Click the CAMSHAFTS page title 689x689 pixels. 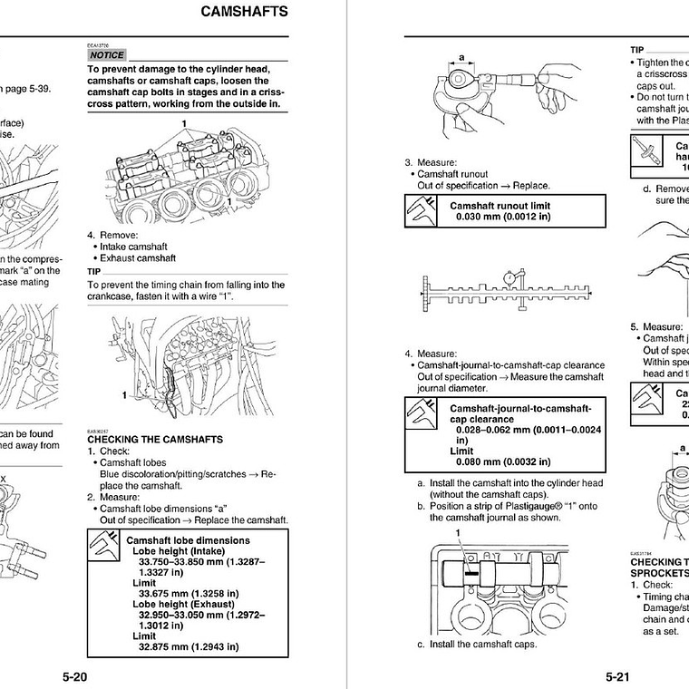pyautogui.click(x=243, y=12)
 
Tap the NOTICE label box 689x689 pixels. pyautogui.click(x=106, y=55)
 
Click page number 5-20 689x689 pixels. pyautogui.click(x=75, y=676)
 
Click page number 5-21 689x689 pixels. pyautogui.click(x=617, y=676)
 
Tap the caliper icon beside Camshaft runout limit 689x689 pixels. pyautogui.click(x=420, y=211)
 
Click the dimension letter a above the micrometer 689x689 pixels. pyautogui.click(x=461, y=57)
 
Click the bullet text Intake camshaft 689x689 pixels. pyautogui.click(x=133, y=246)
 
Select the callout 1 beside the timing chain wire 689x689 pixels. pyautogui.click(x=124, y=395)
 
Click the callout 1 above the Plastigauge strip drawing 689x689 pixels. pyautogui.click(x=459, y=532)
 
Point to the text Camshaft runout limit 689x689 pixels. pyautogui.click(x=500, y=206)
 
